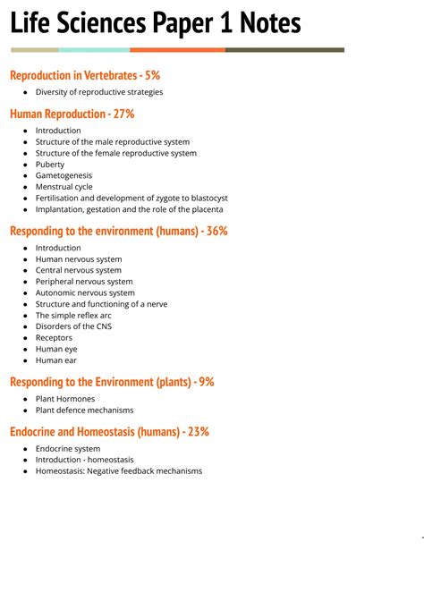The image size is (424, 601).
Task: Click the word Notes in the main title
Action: [260, 22]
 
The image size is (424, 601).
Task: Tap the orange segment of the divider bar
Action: [177, 50]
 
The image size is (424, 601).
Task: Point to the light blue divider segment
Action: [94, 50]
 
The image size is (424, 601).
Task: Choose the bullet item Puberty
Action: [50, 165]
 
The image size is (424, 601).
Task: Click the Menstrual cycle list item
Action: [64, 187]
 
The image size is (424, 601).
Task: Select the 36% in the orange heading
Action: [216, 231]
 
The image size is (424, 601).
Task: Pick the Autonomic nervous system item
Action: [85, 292]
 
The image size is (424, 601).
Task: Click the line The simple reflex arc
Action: [73, 315]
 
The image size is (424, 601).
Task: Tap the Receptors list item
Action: [54, 338]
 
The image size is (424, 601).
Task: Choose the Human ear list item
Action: [56, 360]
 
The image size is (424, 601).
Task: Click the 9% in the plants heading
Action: [206, 382]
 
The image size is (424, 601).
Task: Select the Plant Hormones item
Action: [65, 399]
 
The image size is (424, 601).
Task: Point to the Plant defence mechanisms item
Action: [84, 410]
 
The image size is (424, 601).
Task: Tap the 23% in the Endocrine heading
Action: [197, 431]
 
